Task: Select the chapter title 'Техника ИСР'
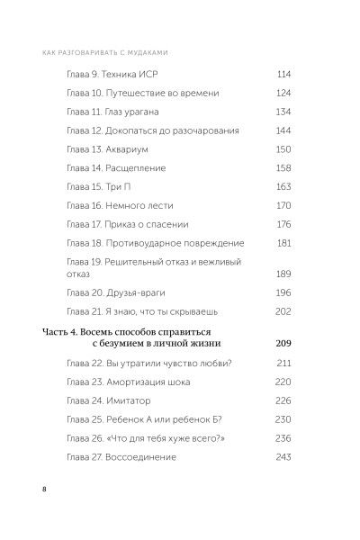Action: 138,75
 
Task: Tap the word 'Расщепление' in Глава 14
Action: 140,168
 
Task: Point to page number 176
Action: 283,224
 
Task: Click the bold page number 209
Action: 282,344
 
